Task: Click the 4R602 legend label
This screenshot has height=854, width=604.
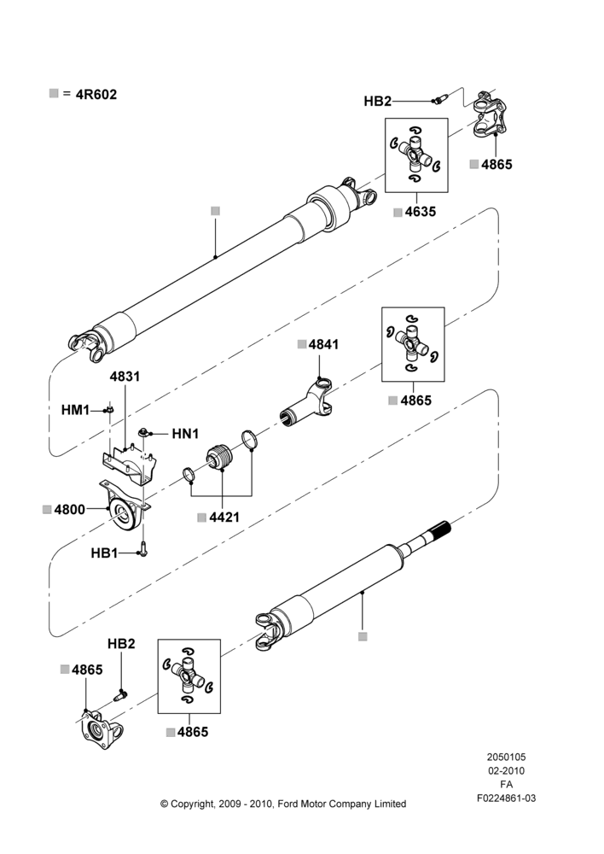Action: point(96,94)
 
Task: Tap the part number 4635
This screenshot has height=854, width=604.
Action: point(420,211)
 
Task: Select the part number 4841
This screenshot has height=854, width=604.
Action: point(323,344)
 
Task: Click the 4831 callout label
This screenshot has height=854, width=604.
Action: point(125,377)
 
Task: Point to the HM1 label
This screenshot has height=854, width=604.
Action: point(75,410)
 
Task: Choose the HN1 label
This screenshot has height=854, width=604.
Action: point(185,434)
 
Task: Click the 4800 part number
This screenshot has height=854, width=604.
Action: point(70,509)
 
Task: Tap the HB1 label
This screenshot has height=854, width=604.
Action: point(104,553)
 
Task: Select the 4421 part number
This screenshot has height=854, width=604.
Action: point(224,517)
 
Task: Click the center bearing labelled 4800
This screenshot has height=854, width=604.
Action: point(124,507)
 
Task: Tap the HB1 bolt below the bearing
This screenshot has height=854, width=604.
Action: point(143,549)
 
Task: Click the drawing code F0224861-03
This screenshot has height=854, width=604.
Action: point(506,798)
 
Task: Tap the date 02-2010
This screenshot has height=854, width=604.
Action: point(506,770)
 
